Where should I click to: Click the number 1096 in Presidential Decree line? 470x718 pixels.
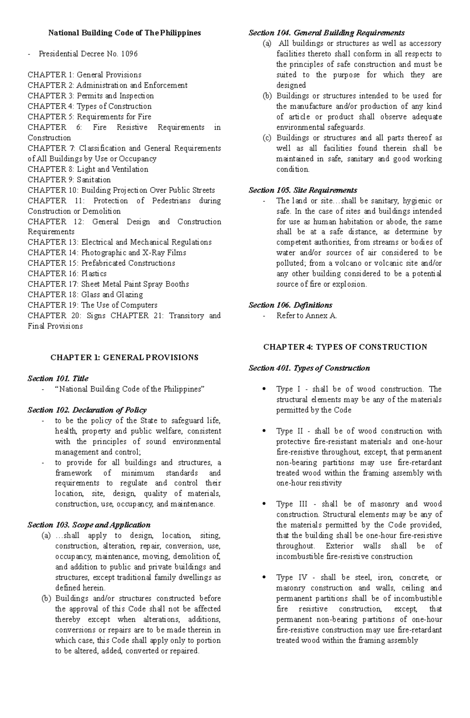click(x=129, y=54)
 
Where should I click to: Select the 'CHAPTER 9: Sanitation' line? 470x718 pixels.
click(x=69, y=180)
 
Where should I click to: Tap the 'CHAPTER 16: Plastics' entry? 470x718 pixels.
click(x=67, y=274)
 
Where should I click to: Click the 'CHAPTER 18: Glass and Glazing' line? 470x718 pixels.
click(x=85, y=294)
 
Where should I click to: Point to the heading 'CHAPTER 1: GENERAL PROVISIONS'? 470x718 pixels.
click(x=124, y=357)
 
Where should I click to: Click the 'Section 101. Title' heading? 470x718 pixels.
click(x=58, y=378)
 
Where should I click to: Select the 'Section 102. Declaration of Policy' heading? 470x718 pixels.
click(x=87, y=410)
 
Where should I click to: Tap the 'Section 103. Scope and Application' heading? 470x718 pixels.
click(x=89, y=525)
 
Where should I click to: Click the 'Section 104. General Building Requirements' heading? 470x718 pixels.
click(x=327, y=33)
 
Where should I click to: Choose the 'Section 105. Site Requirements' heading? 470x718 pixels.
click(x=303, y=190)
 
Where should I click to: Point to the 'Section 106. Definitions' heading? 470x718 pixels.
click(x=290, y=305)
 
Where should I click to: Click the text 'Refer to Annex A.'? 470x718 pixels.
click(x=307, y=315)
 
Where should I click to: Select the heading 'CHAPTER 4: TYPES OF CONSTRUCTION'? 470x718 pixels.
click(x=345, y=347)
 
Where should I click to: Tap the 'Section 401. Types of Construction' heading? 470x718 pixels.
click(x=309, y=368)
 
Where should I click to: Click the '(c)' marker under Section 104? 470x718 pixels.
click(x=267, y=138)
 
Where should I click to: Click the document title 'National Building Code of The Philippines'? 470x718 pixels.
click(x=124, y=33)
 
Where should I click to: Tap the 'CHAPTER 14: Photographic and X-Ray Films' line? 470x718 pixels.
click(x=107, y=252)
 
